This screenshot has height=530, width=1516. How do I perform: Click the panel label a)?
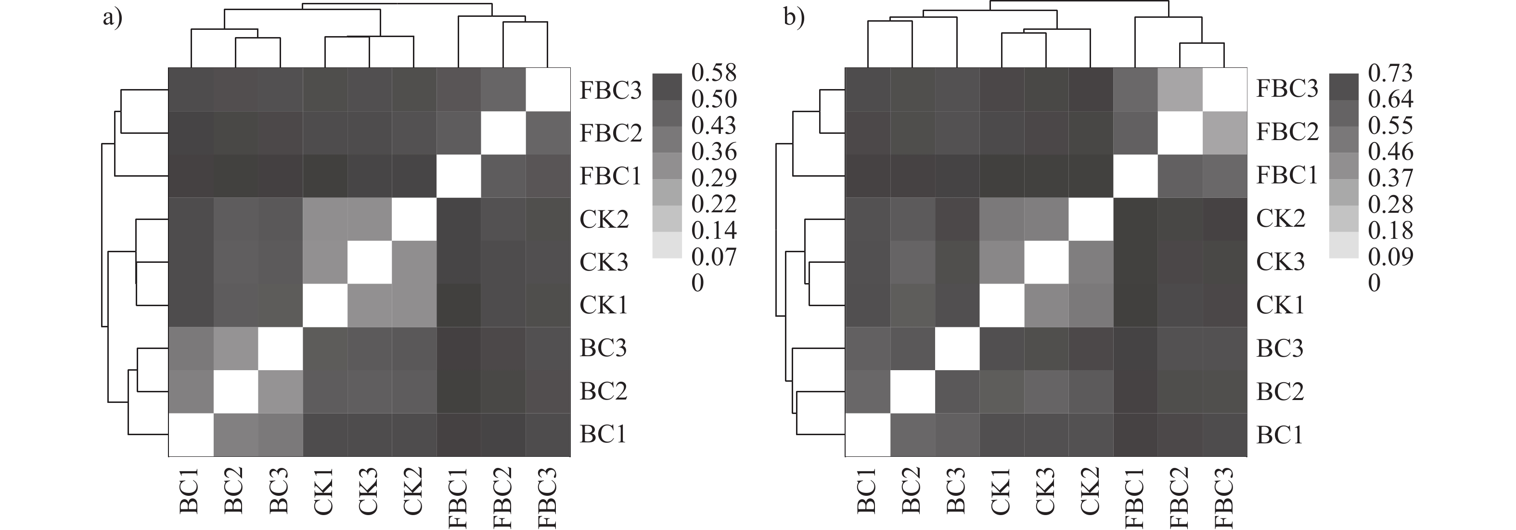point(113,18)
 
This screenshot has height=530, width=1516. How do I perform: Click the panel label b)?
point(795,18)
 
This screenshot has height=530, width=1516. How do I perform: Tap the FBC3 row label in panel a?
point(610,90)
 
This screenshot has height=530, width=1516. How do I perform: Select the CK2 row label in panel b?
point(1280,219)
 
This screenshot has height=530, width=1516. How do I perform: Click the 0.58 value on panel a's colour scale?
point(714,73)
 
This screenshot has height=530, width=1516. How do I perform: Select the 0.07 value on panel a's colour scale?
point(714,257)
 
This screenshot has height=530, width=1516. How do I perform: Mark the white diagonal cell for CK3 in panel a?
point(369,262)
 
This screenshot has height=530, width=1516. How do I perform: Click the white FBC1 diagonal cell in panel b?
point(1135,176)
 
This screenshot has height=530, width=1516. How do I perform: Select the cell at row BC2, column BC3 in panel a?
point(280,392)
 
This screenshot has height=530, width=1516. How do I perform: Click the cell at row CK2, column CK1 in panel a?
point(325,219)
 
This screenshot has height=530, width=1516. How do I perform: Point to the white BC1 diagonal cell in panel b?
point(867,435)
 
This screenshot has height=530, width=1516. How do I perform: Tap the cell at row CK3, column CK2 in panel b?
point(1091,262)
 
